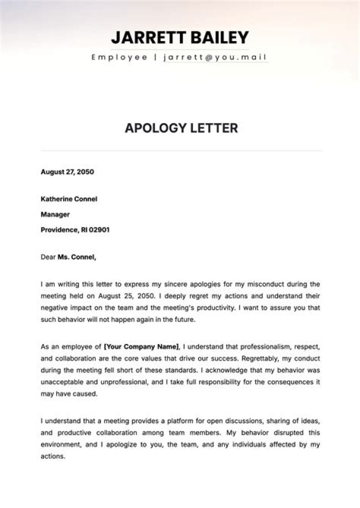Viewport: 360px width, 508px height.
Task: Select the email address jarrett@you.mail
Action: [x=215, y=57]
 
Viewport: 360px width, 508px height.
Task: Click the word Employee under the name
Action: [x=119, y=57]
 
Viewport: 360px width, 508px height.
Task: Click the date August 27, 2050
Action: [x=67, y=172]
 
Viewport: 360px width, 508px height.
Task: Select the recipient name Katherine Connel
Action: [x=68, y=199]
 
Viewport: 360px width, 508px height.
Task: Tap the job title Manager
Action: [x=55, y=214]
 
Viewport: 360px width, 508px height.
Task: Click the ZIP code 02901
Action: [x=98, y=230]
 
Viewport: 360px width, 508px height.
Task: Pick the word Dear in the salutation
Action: [x=48, y=257]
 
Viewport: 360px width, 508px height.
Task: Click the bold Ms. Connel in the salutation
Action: [x=76, y=257]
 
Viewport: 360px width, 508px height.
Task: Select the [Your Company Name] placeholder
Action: [x=141, y=346]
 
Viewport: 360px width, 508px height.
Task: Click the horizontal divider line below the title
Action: [x=181, y=150]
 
